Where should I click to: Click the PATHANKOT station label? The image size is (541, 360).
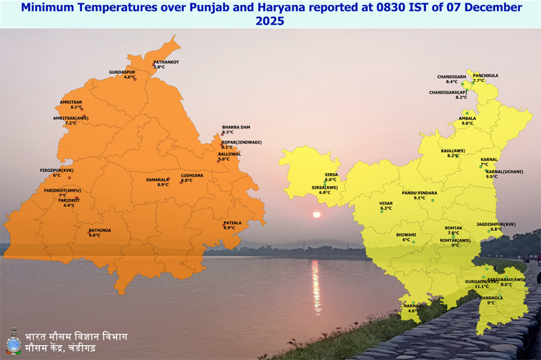tap(166, 62)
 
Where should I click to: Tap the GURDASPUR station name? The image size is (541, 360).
tap(122, 72)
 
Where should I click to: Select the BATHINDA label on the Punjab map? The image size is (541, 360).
tap(99, 230)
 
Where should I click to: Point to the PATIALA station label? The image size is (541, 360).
tap(232, 222)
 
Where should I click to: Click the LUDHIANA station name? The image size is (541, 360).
tap(192, 175)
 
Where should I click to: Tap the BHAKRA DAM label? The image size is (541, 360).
tap(236, 127)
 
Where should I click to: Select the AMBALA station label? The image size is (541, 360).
tap(467, 118)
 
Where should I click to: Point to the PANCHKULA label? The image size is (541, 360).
tap(486, 76)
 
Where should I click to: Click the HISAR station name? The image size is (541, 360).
tap(385, 203)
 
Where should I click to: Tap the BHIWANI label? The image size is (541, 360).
tap(406, 234)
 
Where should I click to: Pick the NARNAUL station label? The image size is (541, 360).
tap(413, 305)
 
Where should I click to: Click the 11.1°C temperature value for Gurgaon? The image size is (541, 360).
tap(481, 286)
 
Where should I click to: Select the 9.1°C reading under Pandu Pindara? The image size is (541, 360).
tap(419, 198)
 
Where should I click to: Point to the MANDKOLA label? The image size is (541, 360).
tap(490, 298)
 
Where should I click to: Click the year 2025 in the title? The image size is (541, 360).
tap(270, 21)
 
